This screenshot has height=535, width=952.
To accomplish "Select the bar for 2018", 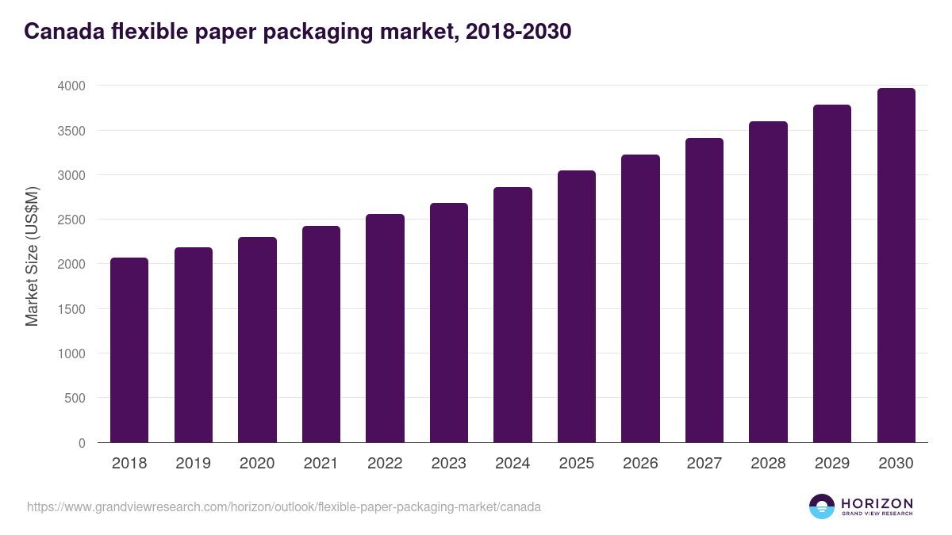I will tap(129, 350).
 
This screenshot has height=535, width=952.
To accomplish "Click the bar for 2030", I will tap(896, 266).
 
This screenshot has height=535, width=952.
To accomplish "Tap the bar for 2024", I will tap(512, 315).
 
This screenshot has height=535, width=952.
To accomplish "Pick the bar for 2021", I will tap(321, 334).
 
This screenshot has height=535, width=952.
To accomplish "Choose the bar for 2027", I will tap(704, 290).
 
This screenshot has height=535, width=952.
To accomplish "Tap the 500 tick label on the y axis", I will tap(75, 398).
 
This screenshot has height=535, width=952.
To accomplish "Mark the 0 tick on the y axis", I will tap(81, 443).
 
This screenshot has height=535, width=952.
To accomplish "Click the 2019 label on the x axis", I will tap(193, 464).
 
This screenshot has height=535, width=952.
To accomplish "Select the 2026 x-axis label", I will tap(640, 464).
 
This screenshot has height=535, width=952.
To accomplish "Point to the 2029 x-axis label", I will tap(831, 464).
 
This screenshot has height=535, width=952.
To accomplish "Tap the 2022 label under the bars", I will tap(385, 464).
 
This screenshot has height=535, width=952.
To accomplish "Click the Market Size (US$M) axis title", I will tap(32, 256).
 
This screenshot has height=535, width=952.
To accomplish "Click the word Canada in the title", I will tap(64, 32).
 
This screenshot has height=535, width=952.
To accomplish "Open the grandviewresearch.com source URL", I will tap(283, 506).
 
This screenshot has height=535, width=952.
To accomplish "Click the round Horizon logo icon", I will tap(821, 506).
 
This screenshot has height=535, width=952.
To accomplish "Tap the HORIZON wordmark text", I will tap(877, 503).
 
